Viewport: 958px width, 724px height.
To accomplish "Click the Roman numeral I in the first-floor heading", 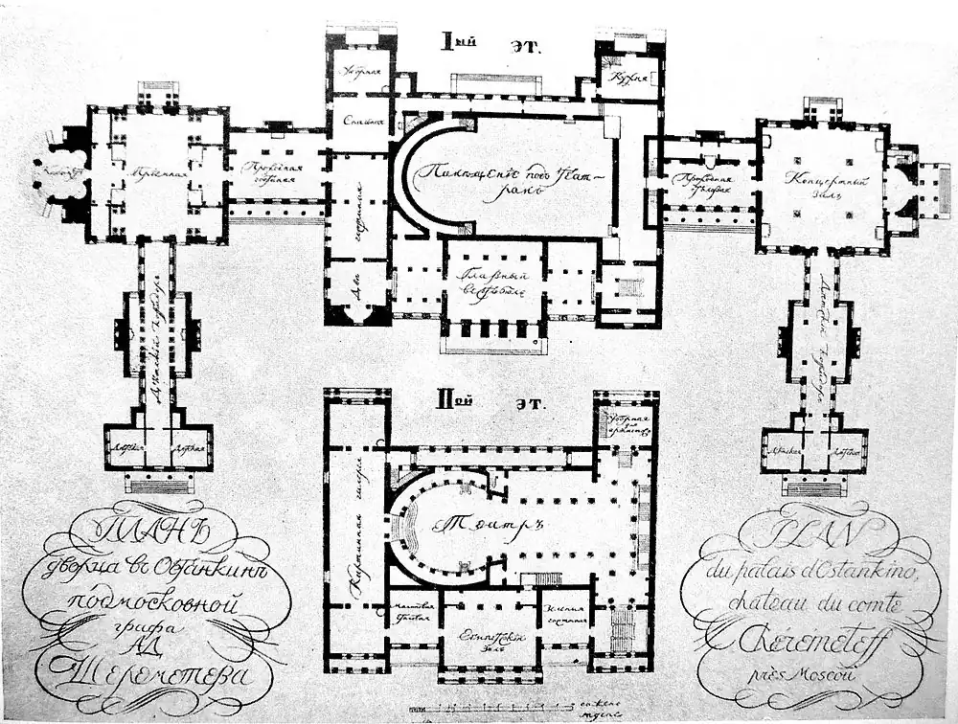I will coord(447,41).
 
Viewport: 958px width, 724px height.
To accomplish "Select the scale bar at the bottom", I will coord(479,708).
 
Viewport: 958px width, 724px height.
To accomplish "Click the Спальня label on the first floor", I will coord(359,123).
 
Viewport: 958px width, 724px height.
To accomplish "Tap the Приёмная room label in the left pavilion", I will coord(158,164).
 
